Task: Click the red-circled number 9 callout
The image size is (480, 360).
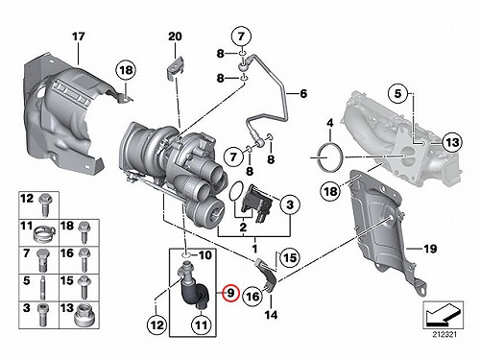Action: [231, 293]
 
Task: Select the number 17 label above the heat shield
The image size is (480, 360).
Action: [79, 36]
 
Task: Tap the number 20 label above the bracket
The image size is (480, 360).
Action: [175, 36]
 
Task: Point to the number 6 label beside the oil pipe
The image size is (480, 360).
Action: [303, 94]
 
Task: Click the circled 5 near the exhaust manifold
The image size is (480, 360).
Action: [397, 93]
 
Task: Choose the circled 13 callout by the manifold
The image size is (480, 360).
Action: [452, 142]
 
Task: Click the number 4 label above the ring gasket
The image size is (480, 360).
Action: [330, 123]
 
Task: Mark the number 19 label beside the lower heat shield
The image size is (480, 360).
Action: [430, 249]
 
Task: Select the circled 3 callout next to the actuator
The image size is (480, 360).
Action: [290, 204]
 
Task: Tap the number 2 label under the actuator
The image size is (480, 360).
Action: [243, 228]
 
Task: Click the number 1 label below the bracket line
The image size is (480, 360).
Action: [255, 249]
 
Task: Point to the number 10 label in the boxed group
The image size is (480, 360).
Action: [204, 255]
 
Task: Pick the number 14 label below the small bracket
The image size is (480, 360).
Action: [271, 315]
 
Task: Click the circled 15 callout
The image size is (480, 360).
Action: [290, 257]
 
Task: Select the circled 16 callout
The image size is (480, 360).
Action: [252, 297]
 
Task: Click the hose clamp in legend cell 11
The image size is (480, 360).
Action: [44, 235]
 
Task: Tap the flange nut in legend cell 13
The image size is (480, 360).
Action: [84, 317]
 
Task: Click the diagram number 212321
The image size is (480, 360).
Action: [444, 335]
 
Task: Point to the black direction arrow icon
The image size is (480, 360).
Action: [442, 315]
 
